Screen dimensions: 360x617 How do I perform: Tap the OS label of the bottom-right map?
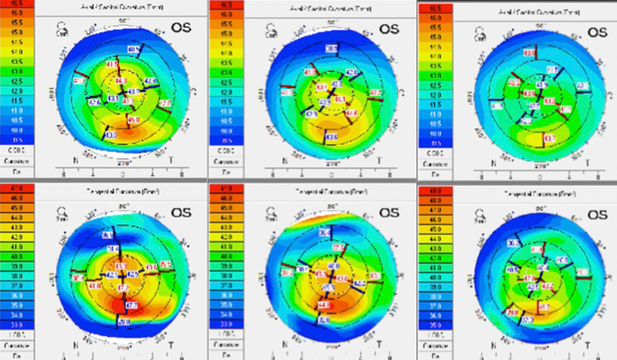pyautogui.click(x=597, y=212)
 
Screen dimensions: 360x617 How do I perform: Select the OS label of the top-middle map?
pyautogui.click(x=390, y=29)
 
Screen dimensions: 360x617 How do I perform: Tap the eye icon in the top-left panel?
pyautogui.click(x=61, y=30)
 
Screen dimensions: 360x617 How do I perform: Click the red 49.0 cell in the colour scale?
pyautogui.click(x=429, y=190)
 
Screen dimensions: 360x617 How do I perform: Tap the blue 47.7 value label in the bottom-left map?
pyautogui.click(x=131, y=304)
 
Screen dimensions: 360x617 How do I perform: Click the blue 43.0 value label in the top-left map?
pyautogui.click(x=110, y=136)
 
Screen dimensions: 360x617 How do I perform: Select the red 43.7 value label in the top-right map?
pyautogui.click(x=549, y=138)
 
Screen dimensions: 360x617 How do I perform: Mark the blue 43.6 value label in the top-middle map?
pyautogui.click(x=330, y=137)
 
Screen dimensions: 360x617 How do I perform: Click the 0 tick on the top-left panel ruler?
pyautogui.click(x=122, y=172)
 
